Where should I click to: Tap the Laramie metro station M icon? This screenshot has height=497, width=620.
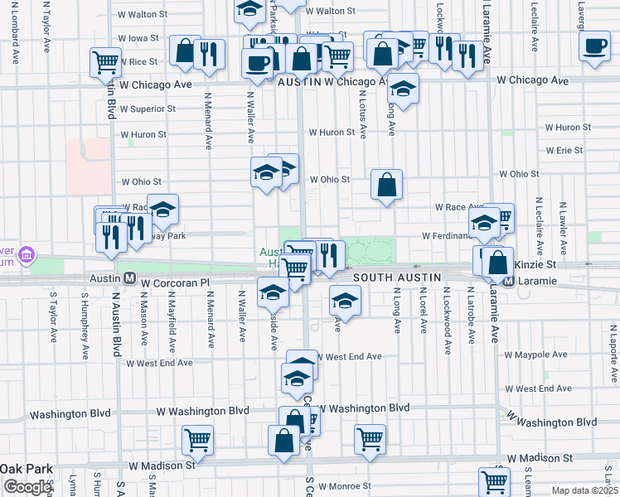click(x=511, y=282)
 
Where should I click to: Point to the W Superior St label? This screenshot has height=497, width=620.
click(x=148, y=109)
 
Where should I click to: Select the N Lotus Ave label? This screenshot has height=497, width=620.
click(x=362, y=116)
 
